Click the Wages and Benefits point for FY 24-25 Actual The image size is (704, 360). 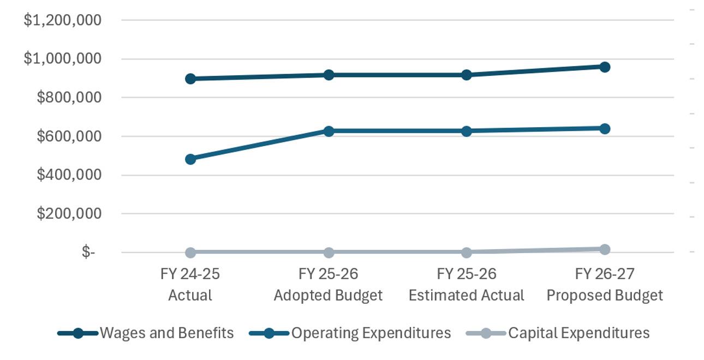190,79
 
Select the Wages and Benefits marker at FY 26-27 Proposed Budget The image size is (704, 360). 605,67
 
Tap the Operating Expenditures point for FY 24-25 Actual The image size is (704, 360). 190,159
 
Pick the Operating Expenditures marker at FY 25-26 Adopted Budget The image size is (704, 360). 329,131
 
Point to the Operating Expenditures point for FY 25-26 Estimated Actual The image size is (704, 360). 467,131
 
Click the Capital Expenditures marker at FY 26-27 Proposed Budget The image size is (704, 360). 605,249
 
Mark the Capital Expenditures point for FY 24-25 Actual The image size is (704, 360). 190,252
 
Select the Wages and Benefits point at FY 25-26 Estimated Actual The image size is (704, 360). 467,75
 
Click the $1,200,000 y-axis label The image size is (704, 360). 63,20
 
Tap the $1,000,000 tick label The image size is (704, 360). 63,59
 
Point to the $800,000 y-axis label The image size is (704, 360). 69,98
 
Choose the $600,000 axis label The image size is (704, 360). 69,136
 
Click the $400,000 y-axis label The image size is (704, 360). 69,175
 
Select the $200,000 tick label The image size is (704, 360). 69,214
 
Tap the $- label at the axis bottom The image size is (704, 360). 88,252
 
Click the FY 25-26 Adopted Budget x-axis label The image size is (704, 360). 329,285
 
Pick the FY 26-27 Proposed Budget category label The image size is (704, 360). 605,285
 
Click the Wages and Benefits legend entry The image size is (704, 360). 146,333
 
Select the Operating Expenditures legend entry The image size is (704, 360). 350,333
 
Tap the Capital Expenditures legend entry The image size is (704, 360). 558,333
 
